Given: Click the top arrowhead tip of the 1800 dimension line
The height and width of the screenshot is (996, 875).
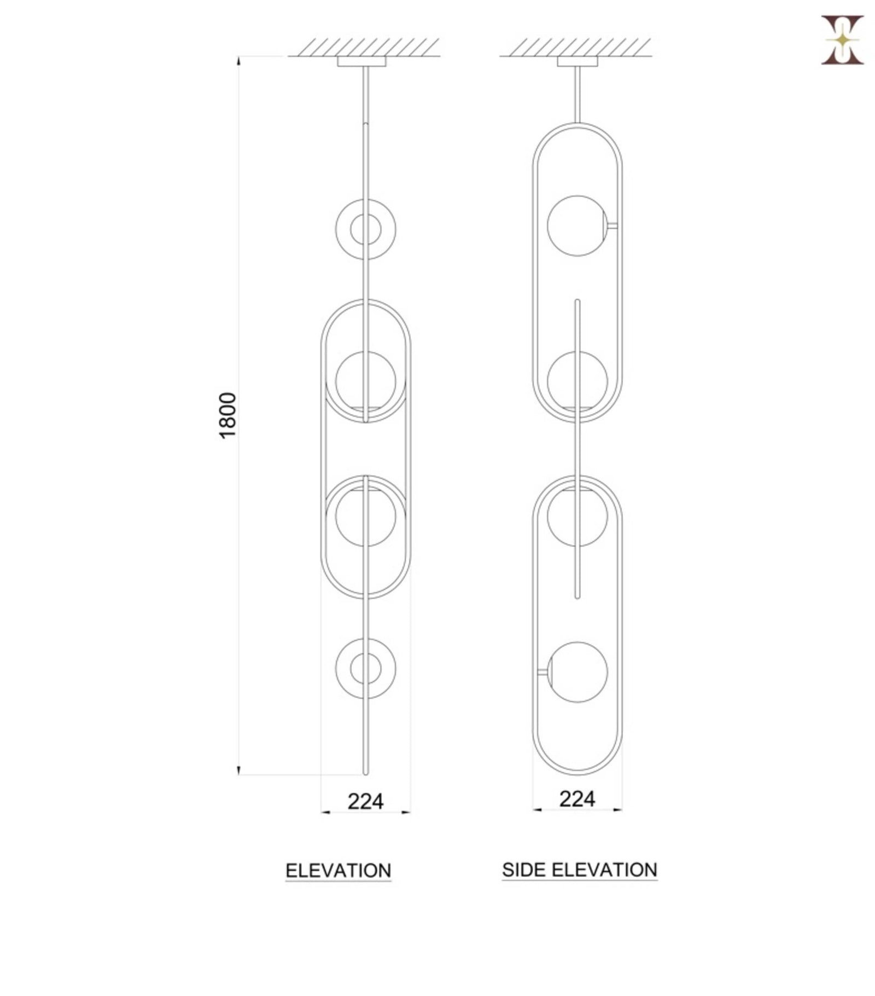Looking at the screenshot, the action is pos(238,56).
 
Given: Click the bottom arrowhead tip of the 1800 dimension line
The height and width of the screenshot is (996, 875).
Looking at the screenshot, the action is pos(238,775).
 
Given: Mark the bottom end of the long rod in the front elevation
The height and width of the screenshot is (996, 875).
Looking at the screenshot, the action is pos(366,774).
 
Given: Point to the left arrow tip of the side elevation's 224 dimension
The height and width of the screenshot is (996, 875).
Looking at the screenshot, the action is pos(533,809).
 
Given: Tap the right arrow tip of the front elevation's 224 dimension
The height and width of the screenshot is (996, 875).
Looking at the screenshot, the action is pos(411,813).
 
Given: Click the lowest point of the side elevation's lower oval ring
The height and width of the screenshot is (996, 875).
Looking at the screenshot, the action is pos(577,775).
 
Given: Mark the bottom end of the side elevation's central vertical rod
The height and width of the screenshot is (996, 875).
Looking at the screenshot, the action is pos(577,598).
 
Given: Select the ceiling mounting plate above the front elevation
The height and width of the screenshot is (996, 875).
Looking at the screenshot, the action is pos(361,61).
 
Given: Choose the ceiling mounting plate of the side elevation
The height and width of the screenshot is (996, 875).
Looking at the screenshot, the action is pos(577,61).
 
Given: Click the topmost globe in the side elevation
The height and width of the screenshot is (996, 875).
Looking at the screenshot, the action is pos(577,225).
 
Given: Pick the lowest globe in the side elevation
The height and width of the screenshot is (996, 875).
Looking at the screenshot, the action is pos(577,672).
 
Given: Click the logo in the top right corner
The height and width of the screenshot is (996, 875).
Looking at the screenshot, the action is pos(842,40).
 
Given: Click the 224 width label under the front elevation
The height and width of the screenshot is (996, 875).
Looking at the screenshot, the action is pos(365,802).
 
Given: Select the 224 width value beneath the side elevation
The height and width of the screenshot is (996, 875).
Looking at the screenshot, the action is pos(577,799).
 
